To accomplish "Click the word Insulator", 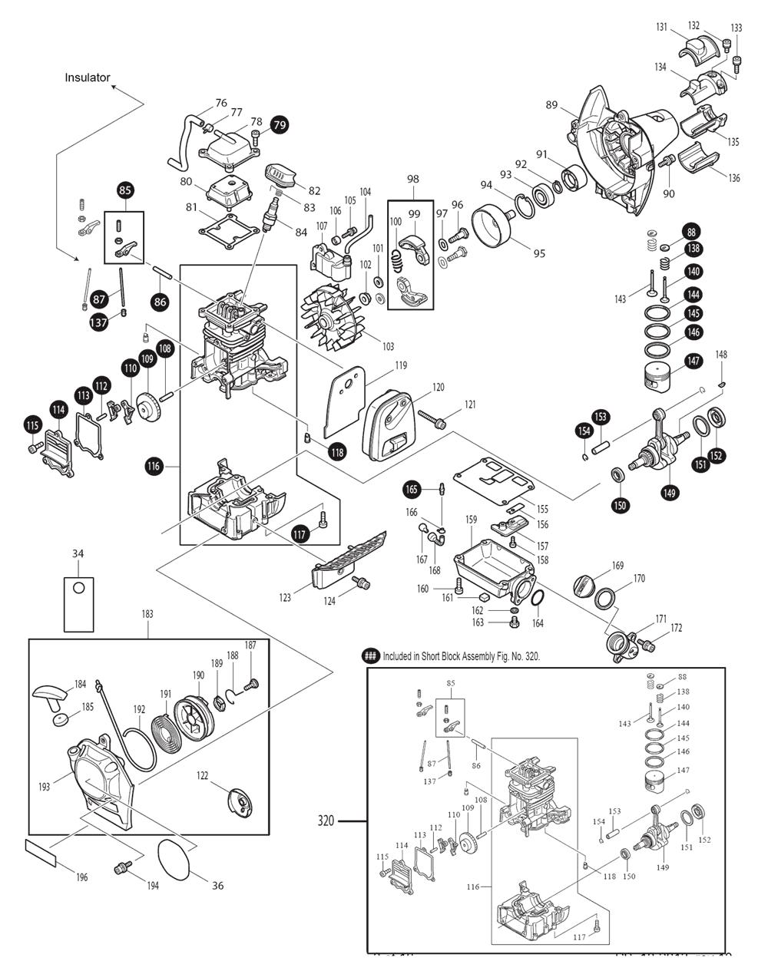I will click(88, 78).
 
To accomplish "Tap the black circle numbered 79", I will click(279, 124).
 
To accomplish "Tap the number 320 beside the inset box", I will click(326, 821).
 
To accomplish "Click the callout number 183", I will click(147, 614).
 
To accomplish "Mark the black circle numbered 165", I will click(412, 489).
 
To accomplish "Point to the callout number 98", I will click(413, 179).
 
